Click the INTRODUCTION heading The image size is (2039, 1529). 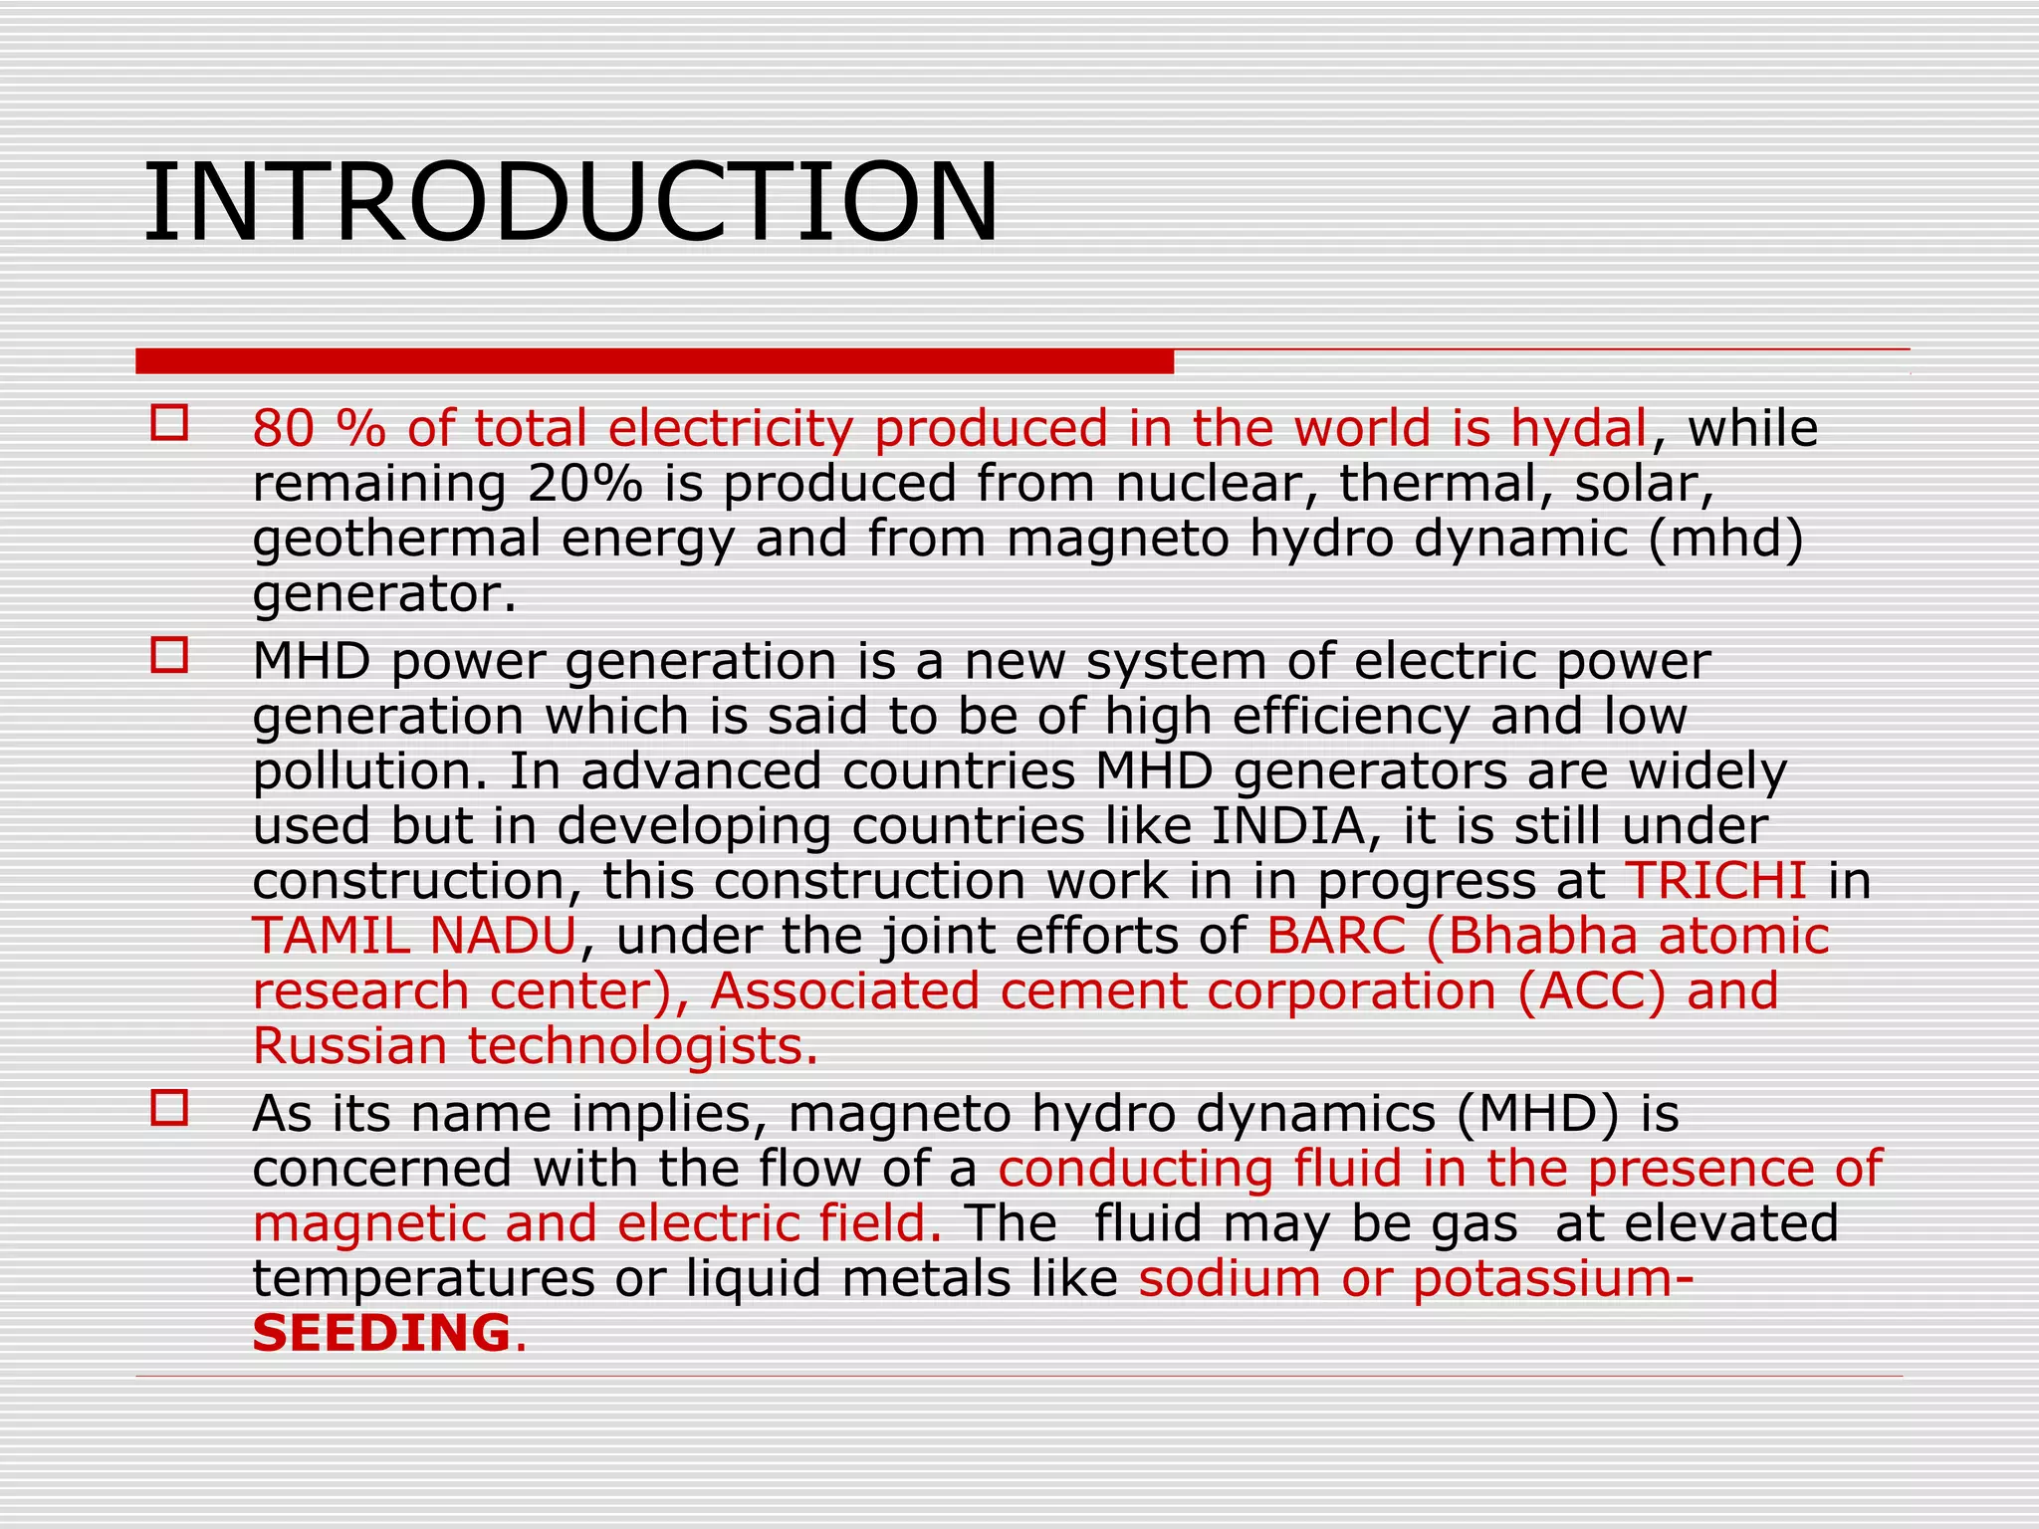point(570,203)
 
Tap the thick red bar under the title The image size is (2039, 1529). point(654,361)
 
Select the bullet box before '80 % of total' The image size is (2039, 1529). point(169,423)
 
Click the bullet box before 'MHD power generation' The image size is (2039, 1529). point(169,656)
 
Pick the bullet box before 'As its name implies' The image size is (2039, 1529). point(169,1108)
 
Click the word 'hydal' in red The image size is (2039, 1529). point(1578,429)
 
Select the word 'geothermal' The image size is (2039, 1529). point(396,540)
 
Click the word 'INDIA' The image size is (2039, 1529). point(1287,826)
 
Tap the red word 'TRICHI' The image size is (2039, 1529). point(1715,881)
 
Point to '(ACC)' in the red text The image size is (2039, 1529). point(1591,991)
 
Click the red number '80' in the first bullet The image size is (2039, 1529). point(283,429)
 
